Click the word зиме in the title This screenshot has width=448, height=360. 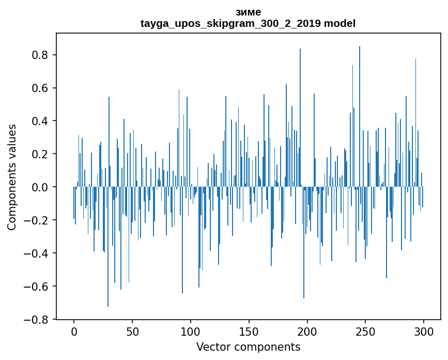pyautogui.click(x=248, y=12)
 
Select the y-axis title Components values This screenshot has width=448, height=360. pyautogui.click(x=12, y=177)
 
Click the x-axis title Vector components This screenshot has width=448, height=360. pyautogui.click(x=248, y=347)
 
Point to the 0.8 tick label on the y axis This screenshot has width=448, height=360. pyautogui.click(x=42, y=55)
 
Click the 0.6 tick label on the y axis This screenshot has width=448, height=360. pyautogui.click(x=42, y=88)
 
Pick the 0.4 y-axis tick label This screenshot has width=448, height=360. pyautogui.click(x=42, y=121)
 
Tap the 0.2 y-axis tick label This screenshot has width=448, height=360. pyautogui.click(x=42, y=154)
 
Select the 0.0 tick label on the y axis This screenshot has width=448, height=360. pyautogui.click(x=42, y=187)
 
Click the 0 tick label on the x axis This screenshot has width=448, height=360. pyautogui.click(x=74, y=331)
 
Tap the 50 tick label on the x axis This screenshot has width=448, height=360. pyautogui.click(x=132, y=331)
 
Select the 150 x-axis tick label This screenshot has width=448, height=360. pyautogui.click(x=249, y=331)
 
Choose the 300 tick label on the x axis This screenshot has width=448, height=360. pyautogui.click(x=424, y=331)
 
